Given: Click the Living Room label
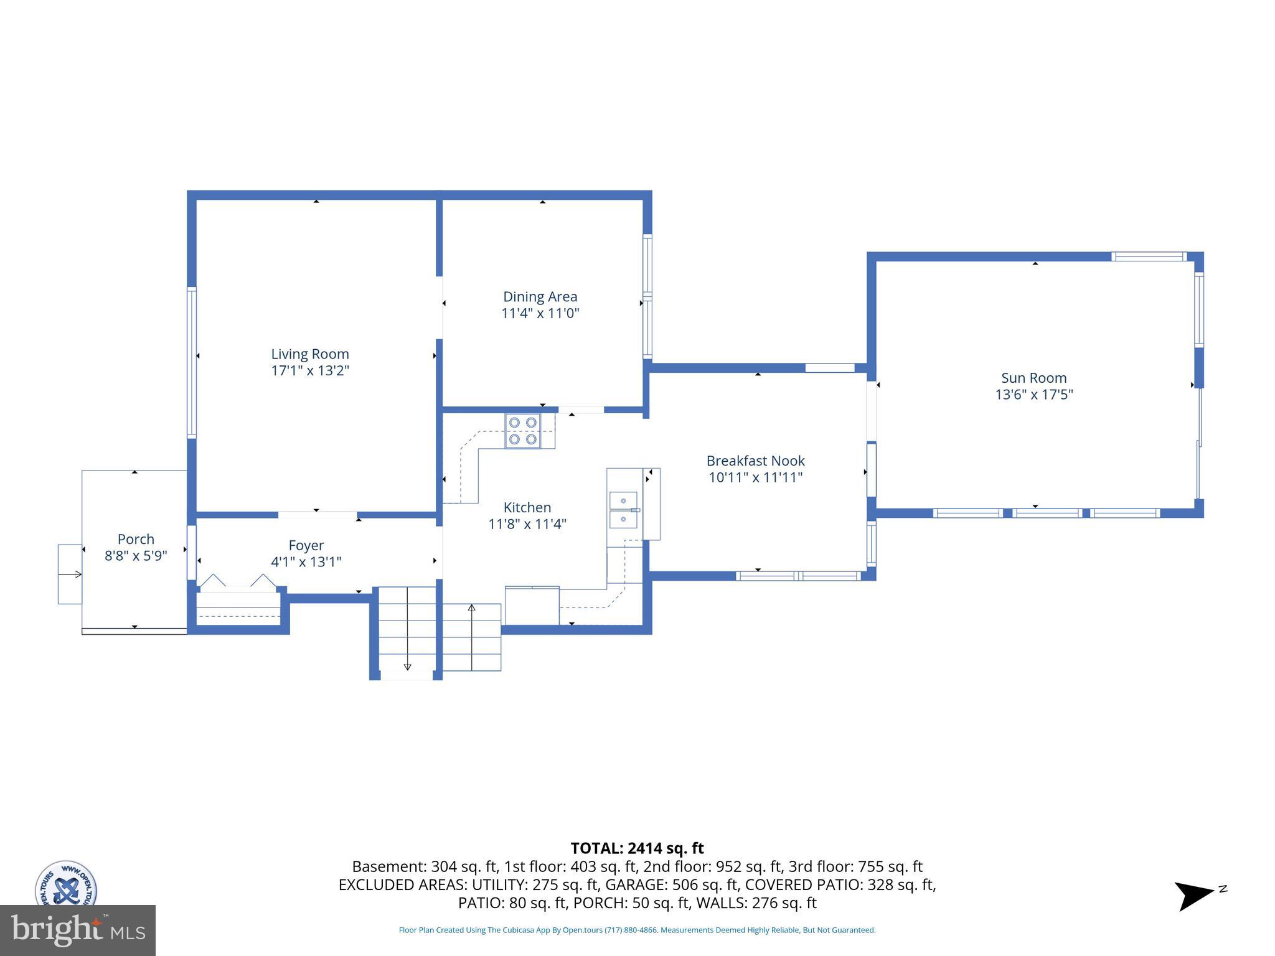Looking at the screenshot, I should coord(309,354).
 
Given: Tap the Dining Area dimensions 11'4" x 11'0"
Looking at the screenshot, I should coord(540,313).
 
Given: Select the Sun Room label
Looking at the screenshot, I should coord(1033,378).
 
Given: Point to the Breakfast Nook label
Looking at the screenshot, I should coord(755,461).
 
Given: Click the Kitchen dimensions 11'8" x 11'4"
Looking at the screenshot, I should coord(527,524).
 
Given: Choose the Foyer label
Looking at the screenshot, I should coord(306,545).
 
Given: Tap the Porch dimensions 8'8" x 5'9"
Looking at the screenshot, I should coord(136,556).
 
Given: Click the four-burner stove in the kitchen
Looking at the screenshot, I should coord(522,431).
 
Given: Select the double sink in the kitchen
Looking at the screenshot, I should coord(624,510).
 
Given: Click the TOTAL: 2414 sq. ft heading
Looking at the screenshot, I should coord(637,848).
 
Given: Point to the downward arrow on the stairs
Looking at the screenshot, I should coord(407,666).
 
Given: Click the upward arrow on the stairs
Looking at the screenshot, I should coord(471,607).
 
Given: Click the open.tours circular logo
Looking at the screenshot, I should coord(65,884).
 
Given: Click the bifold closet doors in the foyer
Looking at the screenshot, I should coord(238,581).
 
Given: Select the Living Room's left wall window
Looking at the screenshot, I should coord(192,362).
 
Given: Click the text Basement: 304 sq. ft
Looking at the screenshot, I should coord(425,866).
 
